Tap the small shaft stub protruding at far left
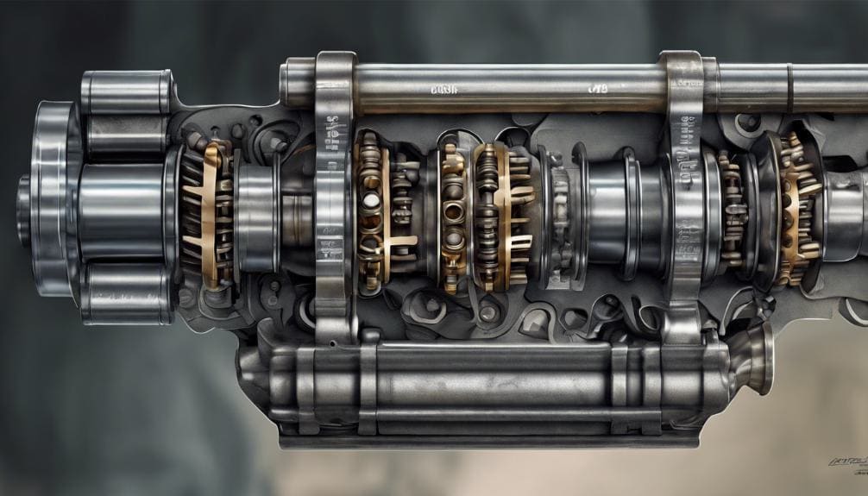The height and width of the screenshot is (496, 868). (23, 198)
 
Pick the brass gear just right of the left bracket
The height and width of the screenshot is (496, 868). (378, 211)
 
